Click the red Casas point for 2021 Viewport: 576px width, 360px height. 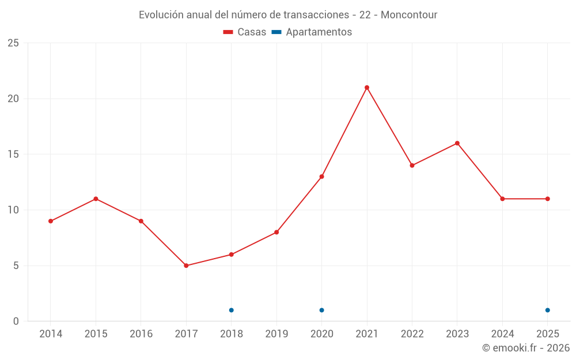coord(366,88)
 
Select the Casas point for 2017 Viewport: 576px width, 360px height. coord(186,266)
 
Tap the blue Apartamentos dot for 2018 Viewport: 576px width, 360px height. coord(231,310)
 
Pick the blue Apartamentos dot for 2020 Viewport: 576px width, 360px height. coord(321,310)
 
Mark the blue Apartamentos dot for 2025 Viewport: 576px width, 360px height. coord(547,310)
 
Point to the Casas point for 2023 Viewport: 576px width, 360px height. coord(457,143)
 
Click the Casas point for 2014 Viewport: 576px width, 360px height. coord(51,221)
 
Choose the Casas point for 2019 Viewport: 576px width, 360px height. coord(276,232)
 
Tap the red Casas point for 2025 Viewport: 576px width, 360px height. coord(547,199)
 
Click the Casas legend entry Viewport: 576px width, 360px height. coord(244,32)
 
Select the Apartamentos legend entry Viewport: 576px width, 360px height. coord(312,32)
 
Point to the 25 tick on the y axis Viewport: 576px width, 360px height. coord(13,43)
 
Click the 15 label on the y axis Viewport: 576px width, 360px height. coord(13,154)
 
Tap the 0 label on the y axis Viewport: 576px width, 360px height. coord(16,321)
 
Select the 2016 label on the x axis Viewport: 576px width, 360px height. coord(141,334)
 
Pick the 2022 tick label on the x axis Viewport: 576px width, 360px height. coord(412,334)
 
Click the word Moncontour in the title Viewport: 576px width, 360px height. coord(409,15)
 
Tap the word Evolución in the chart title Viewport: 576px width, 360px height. coord(161,15)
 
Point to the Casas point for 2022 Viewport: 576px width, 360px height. coord(412,165)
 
